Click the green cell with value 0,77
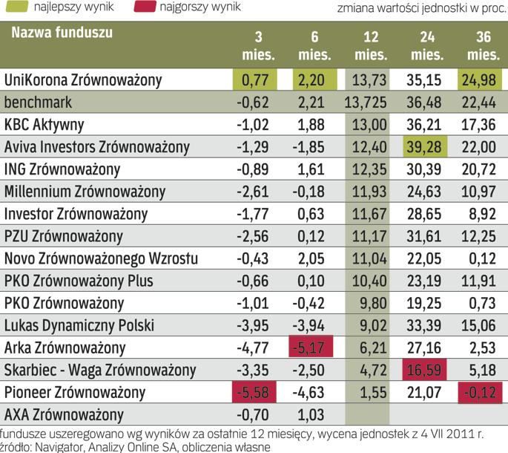pyautogui.click(x=254, y=79)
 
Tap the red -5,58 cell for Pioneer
pyautogui.click(x=254, y=391)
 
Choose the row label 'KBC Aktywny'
pyautogui.click(x=44, y=124)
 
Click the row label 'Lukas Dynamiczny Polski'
pyautogui.click(x=73, y=325)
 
